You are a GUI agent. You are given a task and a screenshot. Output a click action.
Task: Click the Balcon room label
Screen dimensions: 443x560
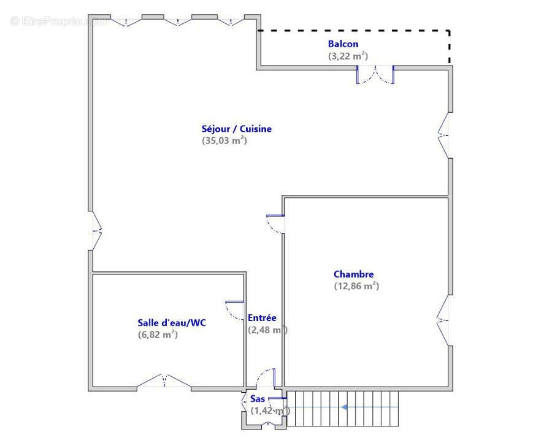point(343,44)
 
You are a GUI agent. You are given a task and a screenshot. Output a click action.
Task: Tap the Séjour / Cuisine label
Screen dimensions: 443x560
point(236,129)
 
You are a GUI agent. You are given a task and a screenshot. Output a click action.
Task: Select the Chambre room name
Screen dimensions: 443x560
point(353,275)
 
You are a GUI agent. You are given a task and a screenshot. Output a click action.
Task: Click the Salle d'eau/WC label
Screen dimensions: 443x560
point(171,323)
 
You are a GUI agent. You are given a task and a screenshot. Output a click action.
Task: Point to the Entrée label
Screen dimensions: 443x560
point(262,318)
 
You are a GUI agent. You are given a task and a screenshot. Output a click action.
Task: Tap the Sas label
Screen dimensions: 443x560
point(258,399)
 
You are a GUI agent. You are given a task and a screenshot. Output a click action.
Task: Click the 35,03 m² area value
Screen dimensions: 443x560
point(224,140)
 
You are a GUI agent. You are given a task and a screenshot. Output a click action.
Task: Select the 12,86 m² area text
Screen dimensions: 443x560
point(356,286)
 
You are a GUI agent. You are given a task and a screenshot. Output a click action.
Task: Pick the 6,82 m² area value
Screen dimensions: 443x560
point(158,335)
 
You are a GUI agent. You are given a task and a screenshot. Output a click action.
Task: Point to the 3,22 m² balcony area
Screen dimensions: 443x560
point(348,56)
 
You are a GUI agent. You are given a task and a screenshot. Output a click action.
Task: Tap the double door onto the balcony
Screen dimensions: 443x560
point(375,74)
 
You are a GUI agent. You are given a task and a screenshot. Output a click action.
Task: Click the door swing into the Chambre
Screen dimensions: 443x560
point(275,224)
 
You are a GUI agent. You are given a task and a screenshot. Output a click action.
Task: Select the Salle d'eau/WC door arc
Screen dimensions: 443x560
point(234,311)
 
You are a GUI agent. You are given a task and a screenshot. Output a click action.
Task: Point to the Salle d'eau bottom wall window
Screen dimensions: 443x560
point(164,382)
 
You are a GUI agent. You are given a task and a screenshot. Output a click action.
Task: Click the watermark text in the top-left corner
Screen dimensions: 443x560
point(58,21)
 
